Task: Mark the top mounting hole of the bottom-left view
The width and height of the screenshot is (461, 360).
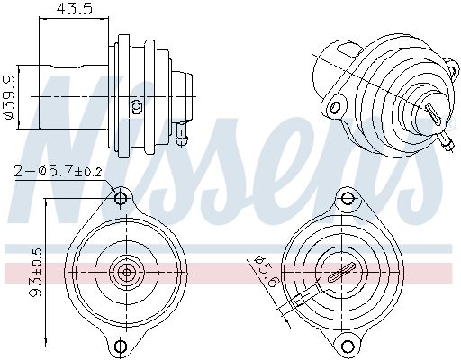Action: [x=121, y=196]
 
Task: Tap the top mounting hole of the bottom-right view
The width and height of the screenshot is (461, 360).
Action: [x=342, y=196]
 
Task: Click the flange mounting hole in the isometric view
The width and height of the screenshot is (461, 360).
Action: [x=335, y=109]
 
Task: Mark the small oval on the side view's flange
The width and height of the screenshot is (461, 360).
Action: [x=137, y=106]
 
